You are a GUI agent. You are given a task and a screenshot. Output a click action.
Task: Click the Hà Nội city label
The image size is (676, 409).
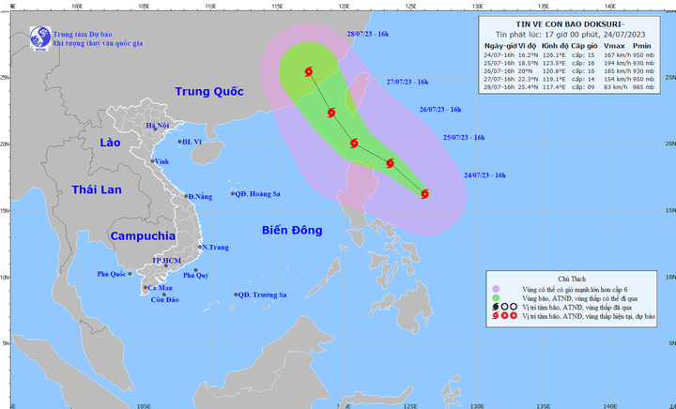[x=157, y=125]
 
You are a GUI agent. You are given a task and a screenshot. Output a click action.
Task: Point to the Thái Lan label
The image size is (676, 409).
[x=98, y=189]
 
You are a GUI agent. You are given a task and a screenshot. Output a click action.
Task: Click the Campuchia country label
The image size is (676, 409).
[x=143, y=236]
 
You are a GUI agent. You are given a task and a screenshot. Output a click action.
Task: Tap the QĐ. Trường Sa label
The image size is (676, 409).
[x=262, y=295]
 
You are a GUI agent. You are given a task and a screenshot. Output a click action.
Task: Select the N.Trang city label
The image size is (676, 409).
[x=215, y=247]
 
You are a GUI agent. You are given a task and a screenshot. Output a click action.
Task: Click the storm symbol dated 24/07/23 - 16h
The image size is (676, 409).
[x=424, y=194]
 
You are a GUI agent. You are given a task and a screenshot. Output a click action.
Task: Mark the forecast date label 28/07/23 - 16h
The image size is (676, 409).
[x=368, y=34]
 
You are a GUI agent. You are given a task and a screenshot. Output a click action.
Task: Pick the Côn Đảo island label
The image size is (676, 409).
[x=163, y=299]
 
